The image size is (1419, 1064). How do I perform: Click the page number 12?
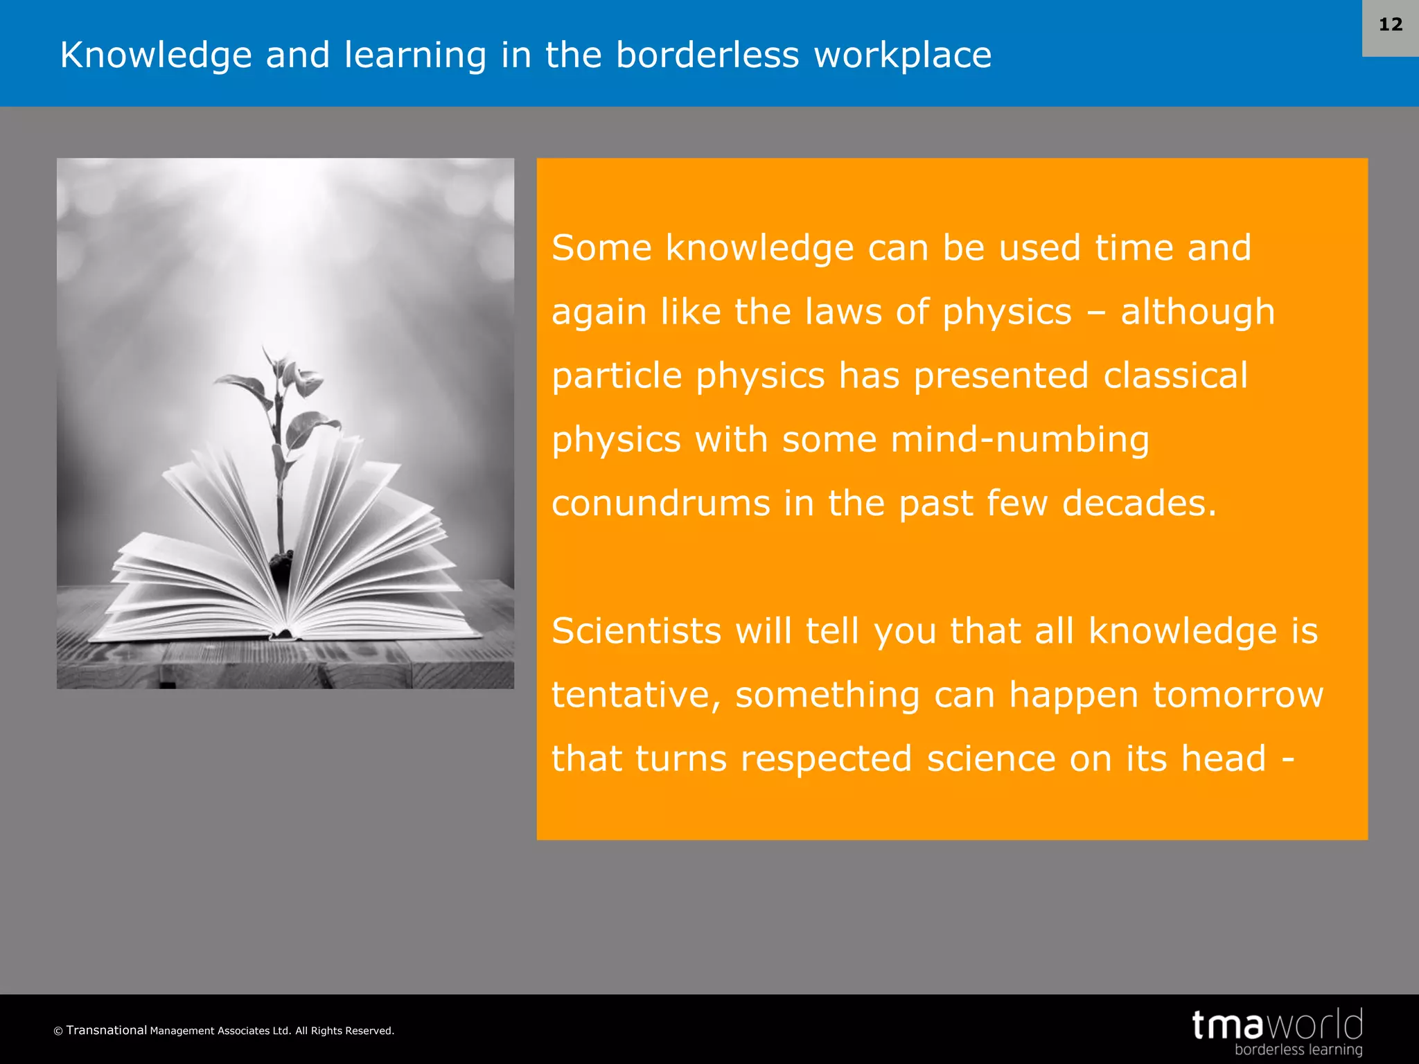1390,25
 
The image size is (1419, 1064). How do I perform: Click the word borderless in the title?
707,55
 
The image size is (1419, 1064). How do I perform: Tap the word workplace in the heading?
902,55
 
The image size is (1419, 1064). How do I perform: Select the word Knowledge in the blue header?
156,55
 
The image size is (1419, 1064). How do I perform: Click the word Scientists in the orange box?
636,631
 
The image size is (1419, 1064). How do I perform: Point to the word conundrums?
660,504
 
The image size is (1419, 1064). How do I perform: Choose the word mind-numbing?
1020,440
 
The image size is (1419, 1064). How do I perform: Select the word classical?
1175,376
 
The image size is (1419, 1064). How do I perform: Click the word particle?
617,376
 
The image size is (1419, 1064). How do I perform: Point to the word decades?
1138,504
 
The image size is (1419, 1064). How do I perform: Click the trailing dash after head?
1288,759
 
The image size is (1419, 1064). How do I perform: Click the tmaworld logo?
1277,1025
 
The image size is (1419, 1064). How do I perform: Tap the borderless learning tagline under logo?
1298,1050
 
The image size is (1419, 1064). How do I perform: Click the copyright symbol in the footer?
58,1031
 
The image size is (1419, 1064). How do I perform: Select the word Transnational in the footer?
107,1030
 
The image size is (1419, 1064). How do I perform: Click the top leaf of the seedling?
267,357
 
